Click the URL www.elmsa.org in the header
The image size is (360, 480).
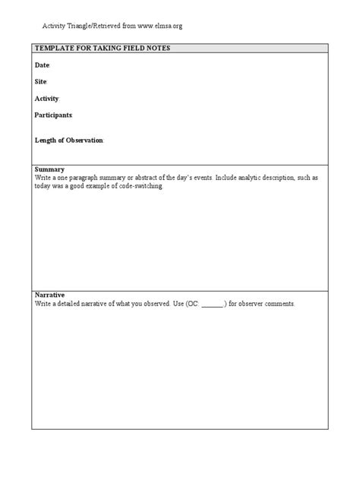pos(159,26)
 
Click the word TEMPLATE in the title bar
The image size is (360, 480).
pos(54,49)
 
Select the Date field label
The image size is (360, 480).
pos(42,65)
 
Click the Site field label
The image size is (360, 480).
pos(41,81)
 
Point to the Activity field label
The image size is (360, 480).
pos(46,99)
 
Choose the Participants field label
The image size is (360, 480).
pos(53,115)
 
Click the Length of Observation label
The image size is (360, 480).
pos(68,141)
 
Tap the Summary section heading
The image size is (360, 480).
pos(49,169)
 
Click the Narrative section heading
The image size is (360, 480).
pos(50,295)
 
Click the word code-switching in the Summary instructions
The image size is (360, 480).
pos(141,185)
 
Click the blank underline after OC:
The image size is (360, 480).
pos(213,303)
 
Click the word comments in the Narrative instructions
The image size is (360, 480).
pos(279,303)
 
